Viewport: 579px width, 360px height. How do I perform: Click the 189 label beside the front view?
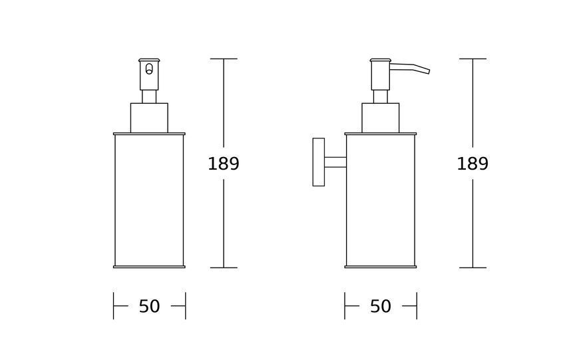(224, 164)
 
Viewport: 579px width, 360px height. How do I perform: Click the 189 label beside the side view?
(473, 164)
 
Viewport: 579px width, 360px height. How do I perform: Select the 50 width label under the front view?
(150, 306)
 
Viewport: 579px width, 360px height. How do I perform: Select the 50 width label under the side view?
(381, 306)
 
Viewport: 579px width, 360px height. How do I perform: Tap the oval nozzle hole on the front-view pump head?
(149, 69)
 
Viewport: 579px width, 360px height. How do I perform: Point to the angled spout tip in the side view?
(429, 71)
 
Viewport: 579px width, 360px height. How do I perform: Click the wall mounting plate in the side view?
(319, 162)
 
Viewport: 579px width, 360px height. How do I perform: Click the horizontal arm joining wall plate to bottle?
(335, 162)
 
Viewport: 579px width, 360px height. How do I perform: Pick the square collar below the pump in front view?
(149, 118)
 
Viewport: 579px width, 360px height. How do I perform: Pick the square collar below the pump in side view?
(380, 118)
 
